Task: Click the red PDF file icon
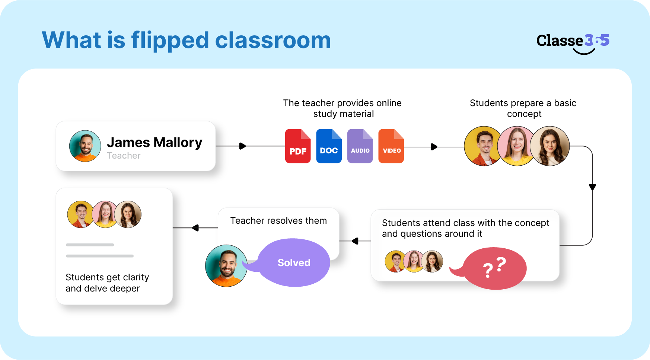[298, 146]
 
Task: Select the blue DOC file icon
[329, 146]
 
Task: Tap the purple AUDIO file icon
[360, 146]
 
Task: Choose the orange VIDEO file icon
[391, 146]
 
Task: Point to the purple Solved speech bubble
[294, 262]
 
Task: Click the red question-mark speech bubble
[494, 268]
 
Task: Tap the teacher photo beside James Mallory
[85, 146]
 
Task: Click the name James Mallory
[154, 142]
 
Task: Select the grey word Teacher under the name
[124, 156]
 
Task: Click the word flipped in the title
[170, 40]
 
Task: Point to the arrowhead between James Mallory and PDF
[242, 146]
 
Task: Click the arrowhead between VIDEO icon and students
[434, 147]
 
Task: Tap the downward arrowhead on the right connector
[592, 187]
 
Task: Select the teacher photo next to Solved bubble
[226, 265]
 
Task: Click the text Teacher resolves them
[278, 221]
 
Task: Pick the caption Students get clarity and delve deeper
[107, 283]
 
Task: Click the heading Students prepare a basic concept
[523, 108]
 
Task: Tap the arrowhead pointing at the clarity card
[195, 228]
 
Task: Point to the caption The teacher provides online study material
[342, 108]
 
